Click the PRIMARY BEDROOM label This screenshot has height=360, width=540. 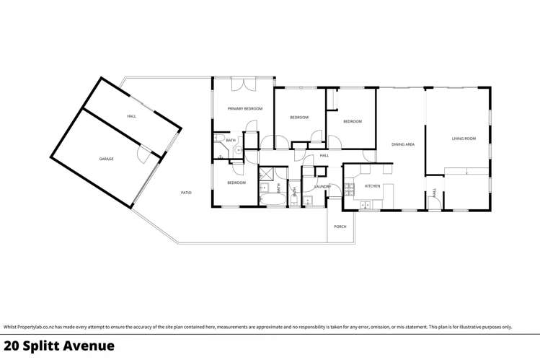tap(244, 108)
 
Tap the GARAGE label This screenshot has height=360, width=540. tap(106, 159)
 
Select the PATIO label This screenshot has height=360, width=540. tap(185, 193)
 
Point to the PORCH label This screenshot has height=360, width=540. tap(340, 227)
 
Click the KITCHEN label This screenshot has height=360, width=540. tap(372, 186)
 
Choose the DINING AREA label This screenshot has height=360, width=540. tap(402, 144)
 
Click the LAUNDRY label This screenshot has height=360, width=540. tap(322, 187)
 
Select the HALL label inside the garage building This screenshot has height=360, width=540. tap(131, 116)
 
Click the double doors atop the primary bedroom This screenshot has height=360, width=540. tap(242, 84)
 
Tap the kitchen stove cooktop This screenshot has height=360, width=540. tap(350, 190)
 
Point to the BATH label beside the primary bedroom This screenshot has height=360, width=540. tap(231, 140)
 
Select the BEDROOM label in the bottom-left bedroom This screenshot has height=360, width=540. tap(236, 183)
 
